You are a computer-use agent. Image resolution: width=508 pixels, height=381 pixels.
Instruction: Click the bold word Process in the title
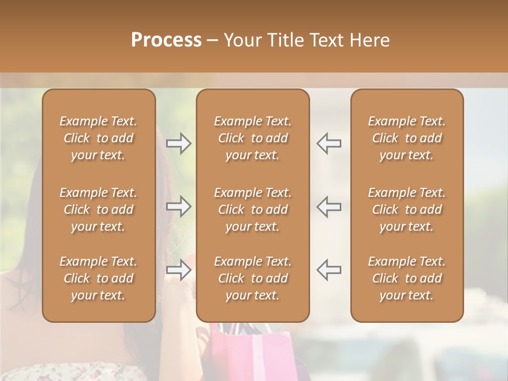click(166, 40)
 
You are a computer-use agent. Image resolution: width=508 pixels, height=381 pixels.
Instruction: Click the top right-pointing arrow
click(179, 143)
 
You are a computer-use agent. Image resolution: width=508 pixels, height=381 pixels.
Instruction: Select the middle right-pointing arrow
click(179, 206)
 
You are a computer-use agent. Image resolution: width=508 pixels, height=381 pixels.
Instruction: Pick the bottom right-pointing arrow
click(179, 270)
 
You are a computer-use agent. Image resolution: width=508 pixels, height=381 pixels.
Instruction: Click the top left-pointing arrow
click(329, 143)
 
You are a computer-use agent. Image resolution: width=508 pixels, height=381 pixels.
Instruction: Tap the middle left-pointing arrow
click(329, 206)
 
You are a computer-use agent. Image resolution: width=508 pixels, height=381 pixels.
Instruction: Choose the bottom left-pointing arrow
click(329, 270)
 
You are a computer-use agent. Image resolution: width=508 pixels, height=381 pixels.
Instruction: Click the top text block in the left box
click(98, 138)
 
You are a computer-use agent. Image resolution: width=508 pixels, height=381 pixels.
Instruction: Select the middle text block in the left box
click(98, 210)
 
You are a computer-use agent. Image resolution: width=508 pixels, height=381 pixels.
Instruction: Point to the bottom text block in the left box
click(98, 278)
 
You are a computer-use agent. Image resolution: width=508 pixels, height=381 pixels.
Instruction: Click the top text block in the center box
click(252, 138)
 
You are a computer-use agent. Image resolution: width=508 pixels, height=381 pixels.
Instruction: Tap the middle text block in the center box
click(252, 210)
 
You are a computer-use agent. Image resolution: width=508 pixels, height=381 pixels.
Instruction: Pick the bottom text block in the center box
click(252, 278)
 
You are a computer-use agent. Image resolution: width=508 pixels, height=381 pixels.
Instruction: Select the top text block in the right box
click(406, 138)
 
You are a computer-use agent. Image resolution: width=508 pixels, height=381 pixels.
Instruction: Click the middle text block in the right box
click(406, 210)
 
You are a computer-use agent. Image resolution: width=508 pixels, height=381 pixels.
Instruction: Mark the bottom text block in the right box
click(406, 278)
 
